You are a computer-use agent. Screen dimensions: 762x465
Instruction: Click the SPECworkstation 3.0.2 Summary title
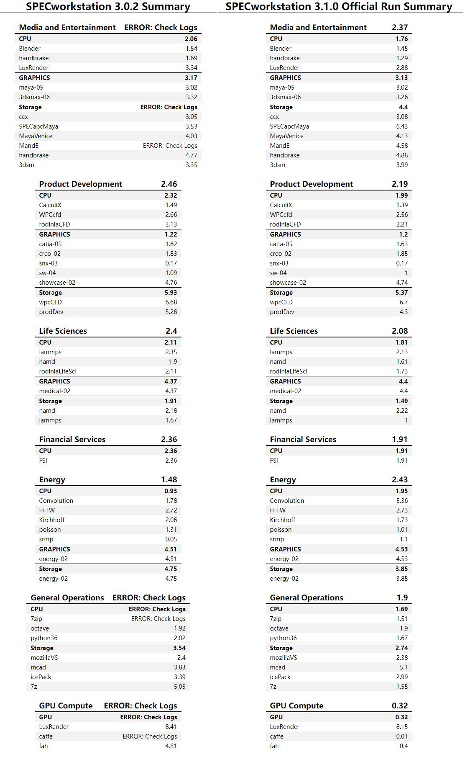click(108, 7)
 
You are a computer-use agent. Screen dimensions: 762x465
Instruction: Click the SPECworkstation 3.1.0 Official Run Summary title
click(339, 7)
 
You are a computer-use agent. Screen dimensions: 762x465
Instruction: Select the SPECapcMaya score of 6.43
click(401, 126)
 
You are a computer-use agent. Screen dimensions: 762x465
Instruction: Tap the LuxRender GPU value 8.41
click(171, 727)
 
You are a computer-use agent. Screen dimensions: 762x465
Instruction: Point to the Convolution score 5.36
click(401, 501)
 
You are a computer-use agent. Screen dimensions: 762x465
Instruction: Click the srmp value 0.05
click(171, 539)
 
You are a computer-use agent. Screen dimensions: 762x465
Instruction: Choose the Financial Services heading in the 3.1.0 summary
click(303, 440)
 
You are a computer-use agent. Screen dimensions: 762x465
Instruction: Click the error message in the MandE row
click(170, 146)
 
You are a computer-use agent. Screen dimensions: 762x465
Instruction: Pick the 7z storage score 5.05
click(179, 687)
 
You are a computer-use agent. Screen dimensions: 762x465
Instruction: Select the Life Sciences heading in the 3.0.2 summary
click(63, 331)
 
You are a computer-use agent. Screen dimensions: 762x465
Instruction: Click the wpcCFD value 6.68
click(171, 302)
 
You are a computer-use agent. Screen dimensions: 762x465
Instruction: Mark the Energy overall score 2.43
click(399, 480)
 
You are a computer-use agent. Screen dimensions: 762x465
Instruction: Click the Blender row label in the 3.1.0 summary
click(281, 49)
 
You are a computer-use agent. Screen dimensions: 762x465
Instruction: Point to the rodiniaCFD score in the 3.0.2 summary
click(171, 224)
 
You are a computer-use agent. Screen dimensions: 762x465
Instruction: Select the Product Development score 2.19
click(399, 184)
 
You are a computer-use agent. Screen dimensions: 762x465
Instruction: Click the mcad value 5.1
click(404, 667)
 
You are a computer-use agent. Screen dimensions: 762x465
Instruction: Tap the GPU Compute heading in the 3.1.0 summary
click(296, 706)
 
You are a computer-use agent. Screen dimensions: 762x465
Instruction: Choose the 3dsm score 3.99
click(401, 165)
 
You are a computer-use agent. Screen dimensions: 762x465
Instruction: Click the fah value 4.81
click(171, 746)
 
